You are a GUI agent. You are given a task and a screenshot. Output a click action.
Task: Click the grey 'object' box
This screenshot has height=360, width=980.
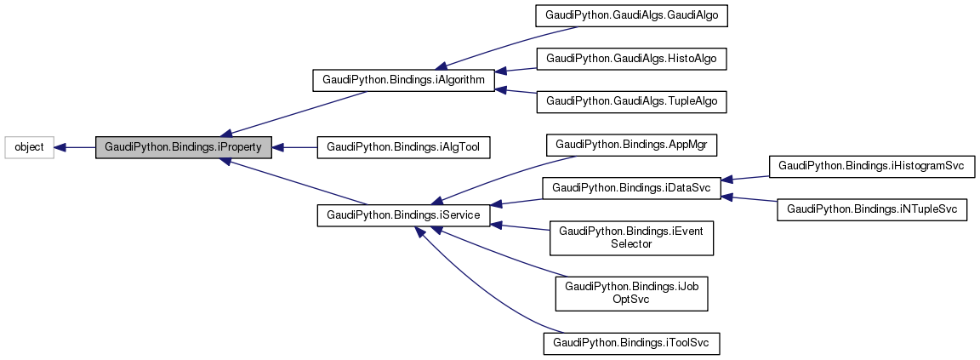pos(29,147)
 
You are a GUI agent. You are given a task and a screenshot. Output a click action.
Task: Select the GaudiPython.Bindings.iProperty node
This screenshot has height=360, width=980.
pos(183,147)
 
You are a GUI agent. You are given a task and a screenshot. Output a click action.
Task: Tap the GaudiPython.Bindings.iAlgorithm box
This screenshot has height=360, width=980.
pos(403,80)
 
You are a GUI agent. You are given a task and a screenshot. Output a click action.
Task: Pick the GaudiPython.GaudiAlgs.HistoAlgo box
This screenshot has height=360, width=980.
pos(631,58)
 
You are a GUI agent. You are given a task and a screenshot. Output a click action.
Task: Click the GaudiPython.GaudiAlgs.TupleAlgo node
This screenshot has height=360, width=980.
pos(631,100)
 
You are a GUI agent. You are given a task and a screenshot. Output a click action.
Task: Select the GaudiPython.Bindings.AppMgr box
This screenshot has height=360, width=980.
pos(631,145)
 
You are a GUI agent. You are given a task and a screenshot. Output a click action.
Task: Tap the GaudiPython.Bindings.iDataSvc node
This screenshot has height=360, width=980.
pos(631,186)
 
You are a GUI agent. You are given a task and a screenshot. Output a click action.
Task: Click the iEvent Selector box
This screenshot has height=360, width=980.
pos(631,237)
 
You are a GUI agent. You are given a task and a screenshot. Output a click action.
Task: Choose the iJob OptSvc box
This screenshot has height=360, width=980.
pos(631,293)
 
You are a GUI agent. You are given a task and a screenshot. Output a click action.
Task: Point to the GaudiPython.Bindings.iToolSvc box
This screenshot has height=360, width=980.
pos(631,343)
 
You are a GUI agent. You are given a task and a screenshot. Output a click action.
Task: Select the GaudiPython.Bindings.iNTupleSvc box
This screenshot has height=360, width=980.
pos(872,209)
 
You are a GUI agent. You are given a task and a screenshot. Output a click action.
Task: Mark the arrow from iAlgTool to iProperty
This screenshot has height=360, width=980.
pos(294,147)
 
